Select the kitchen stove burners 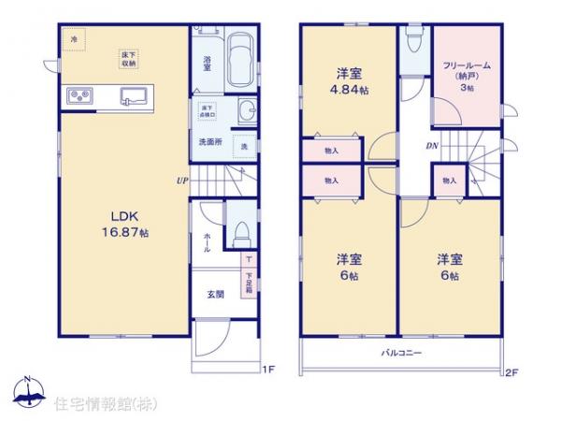point(79,96)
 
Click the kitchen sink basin point(131,95)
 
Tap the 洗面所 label point(209,142)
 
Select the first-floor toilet point(240,230)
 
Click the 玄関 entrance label point(214,295)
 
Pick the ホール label point(207,242)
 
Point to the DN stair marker point(432,146)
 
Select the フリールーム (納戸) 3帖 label point(467,76)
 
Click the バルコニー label point(402,354)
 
